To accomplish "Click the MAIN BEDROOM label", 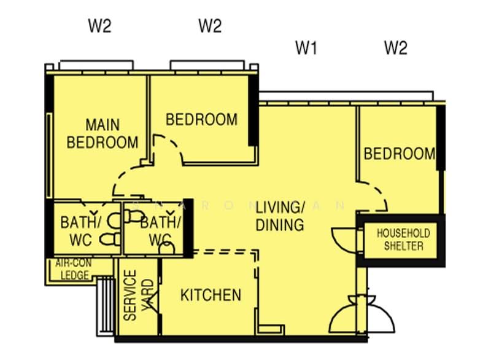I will [x=102, y=133].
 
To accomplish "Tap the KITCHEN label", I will [x=211, y=295].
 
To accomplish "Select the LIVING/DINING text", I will [x=280, y=216].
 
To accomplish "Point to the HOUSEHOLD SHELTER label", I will [x=403, y=240].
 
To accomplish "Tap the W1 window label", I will [x=306, y=48].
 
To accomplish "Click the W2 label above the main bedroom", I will [x=99, y=26].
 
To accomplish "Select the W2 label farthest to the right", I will [x=395, y=48].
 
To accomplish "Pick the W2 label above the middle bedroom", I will [x=210, y=26].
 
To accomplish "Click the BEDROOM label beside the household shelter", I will [x=399, y=154].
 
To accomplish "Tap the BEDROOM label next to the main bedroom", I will [x=201, y=119].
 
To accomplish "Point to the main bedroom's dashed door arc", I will [x=126, y=181].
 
